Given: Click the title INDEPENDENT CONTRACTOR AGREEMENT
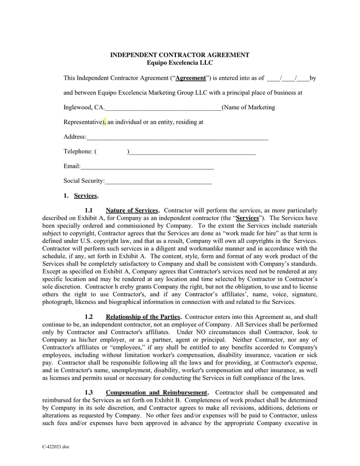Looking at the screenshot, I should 180,55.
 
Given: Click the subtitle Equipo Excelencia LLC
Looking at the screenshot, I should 180,63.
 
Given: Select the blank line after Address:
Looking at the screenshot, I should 177,137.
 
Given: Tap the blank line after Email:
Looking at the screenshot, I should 147,167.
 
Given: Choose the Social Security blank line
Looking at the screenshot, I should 158,182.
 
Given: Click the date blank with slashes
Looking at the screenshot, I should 288,78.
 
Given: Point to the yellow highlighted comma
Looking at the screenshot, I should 105,122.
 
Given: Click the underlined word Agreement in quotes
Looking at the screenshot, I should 190,78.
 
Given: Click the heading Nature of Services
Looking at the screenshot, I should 132,211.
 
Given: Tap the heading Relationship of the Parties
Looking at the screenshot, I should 143,316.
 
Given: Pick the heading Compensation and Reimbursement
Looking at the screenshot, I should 157,392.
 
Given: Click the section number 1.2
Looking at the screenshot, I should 88,316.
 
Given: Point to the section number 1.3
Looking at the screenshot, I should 88,392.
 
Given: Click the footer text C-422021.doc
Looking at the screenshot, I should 56,446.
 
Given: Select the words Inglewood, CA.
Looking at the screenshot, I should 84,108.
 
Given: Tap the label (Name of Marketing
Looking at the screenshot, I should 248,108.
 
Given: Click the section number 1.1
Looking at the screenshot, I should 88,211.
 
